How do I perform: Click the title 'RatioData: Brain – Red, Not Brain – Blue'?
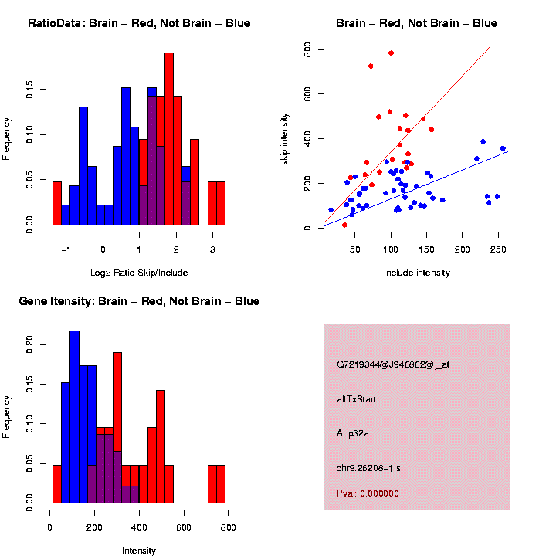(x=139, y=23)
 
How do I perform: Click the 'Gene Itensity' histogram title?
(x=139, y=300)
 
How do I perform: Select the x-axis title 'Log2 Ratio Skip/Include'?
(x=139, y=272)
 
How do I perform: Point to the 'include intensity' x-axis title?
(x=417, y=272)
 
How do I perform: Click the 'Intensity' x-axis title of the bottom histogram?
(x=139, y=551)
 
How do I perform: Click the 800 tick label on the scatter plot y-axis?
(x=307, y=49)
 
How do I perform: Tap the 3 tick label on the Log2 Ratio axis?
(x=212, y=250)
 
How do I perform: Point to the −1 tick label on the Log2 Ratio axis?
(x=66, y=250)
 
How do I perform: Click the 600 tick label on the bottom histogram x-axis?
(x=184, y=527)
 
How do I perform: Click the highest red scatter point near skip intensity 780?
(x=391, y=53)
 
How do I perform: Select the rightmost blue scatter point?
(x=503, y=148)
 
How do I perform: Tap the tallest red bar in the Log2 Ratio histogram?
(x=169, y=139)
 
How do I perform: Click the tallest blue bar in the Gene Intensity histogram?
(x=75, y=417)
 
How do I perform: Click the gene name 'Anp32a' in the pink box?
(x=353, y=433)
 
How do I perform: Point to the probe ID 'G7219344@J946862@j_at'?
(x=393, y=364)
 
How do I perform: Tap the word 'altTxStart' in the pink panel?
(x=356, y=399)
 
